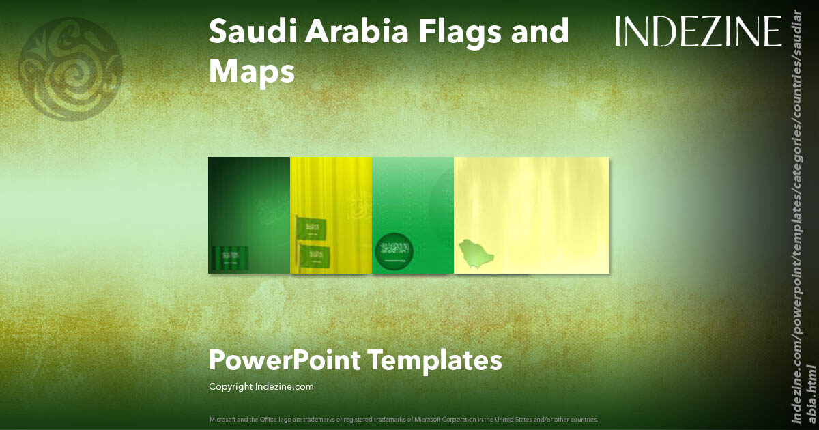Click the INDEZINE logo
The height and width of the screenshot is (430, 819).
point(698,31)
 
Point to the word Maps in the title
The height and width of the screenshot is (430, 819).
point(251,71)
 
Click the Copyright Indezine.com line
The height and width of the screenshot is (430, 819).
point(261,387)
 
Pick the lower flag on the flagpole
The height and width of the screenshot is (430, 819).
point(315,256)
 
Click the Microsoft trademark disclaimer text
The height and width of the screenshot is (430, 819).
point(404,418)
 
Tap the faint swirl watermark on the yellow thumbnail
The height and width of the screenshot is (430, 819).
point(356,208)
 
